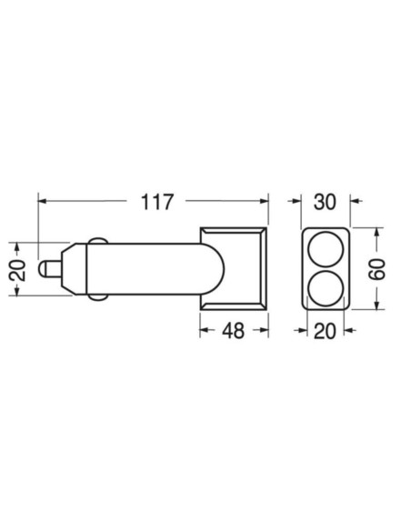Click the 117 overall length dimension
click(156, 202)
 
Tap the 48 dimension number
click(234, 331)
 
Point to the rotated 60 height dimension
click(379, 269)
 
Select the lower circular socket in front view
click(325, 288)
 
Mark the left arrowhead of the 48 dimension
click(205, 331)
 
